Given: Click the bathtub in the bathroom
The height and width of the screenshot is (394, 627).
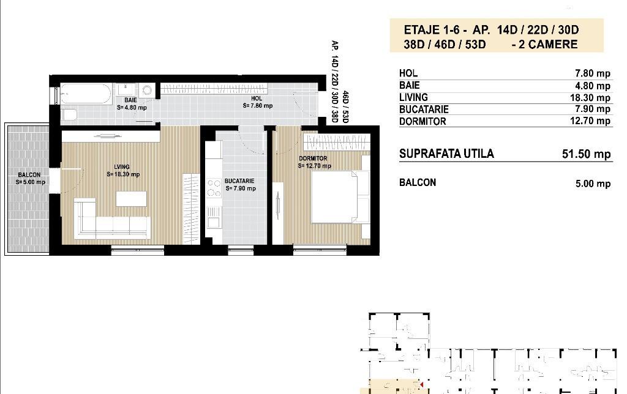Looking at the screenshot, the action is pos(86,94).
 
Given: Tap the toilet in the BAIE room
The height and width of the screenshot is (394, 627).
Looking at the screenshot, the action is pos(69,114).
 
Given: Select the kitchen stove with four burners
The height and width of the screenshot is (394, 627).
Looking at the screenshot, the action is pos(214,188).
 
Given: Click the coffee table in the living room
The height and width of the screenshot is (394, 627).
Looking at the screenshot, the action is pos(131,199).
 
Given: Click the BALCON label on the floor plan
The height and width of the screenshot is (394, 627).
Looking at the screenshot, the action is pos(29,174).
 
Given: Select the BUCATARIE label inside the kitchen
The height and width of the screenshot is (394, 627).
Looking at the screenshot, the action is pos(239,181).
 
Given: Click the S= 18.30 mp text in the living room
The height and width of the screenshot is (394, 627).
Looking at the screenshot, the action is pos(123,174).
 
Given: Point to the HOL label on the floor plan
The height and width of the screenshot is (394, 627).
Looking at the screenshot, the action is pos(257,98).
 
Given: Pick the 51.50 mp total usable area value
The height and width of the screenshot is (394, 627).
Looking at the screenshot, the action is pos(586,154).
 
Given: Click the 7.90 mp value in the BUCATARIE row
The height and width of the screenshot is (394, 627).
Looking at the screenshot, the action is pos(590,109).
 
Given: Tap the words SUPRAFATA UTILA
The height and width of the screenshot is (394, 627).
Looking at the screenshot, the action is pos(446,154).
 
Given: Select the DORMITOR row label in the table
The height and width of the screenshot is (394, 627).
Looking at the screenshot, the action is pos(422,121).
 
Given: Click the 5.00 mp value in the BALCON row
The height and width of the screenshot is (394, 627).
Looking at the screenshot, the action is pos(593,184).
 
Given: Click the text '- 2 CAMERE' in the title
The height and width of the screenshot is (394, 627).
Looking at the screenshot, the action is pos(544,44).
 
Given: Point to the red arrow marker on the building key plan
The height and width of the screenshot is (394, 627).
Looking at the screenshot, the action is pos(421,385).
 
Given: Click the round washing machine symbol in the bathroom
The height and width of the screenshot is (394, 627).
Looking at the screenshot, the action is pos(147,91).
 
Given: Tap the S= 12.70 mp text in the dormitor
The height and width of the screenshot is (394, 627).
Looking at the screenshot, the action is pos(314,166).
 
